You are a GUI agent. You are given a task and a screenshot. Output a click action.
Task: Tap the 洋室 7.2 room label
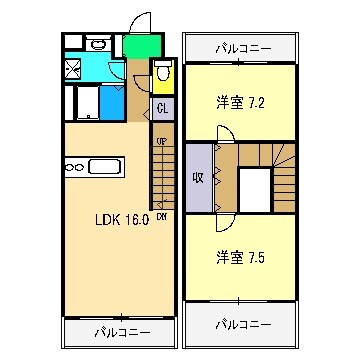click(241, 101)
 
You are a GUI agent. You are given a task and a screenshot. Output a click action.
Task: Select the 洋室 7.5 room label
click(241, 257)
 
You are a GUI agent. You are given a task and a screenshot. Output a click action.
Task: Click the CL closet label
click(161, 109)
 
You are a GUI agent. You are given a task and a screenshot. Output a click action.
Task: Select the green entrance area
click(143, 45)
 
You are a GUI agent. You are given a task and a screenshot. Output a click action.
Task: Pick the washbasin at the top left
click(98, 45)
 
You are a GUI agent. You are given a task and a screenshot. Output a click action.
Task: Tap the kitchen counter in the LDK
click(93, 166)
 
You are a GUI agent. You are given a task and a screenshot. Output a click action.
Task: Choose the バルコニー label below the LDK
click(123, 331)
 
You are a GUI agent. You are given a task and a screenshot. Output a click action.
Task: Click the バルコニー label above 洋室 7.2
click(243, 46)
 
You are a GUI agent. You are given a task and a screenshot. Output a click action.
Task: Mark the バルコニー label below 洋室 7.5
click(243, 324)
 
